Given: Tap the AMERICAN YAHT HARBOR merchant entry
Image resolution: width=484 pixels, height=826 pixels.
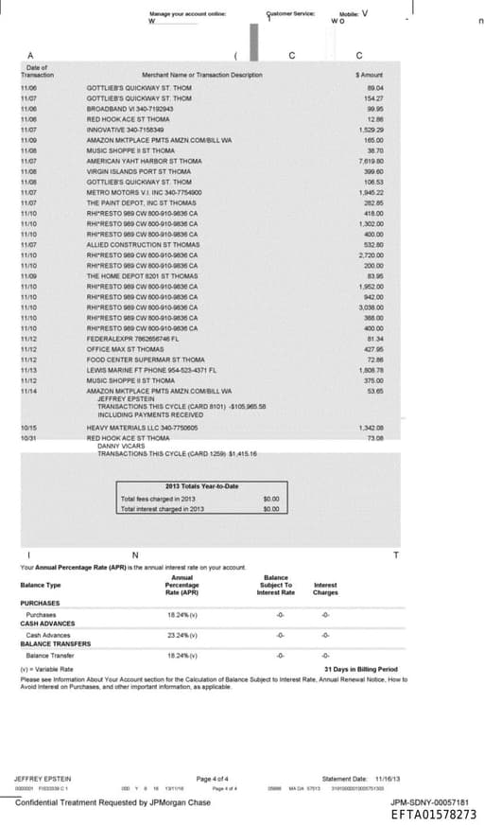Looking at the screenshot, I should click(144, 161).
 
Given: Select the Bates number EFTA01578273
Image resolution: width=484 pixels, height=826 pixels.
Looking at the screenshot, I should click(433, 814).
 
